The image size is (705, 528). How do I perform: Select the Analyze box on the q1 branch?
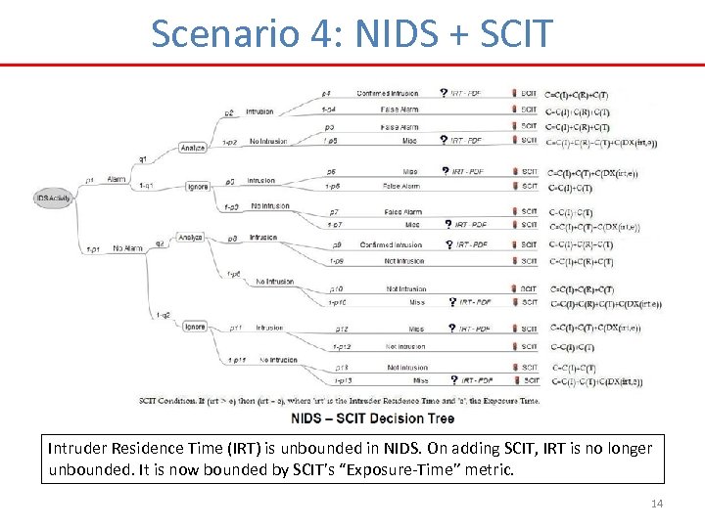[x=194, y=148]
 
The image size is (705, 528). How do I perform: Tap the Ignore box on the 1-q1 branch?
[x=197, y=186]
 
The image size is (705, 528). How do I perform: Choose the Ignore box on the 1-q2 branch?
[x=194, y=326]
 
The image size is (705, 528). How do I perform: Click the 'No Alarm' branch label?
[x=127, y=248]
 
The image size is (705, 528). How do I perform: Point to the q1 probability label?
[x=143, y=158]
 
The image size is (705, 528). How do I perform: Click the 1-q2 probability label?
[x=163, y=315]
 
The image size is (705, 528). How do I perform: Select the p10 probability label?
[x=336, y=289]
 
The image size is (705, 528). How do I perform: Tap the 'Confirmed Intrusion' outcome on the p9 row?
[x=391, y=244]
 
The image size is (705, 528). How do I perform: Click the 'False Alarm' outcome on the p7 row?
[x=401, y=212]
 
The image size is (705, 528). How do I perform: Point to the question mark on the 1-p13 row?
[x=453, y=379]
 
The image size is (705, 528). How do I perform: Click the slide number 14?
[x=655, y=503]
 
